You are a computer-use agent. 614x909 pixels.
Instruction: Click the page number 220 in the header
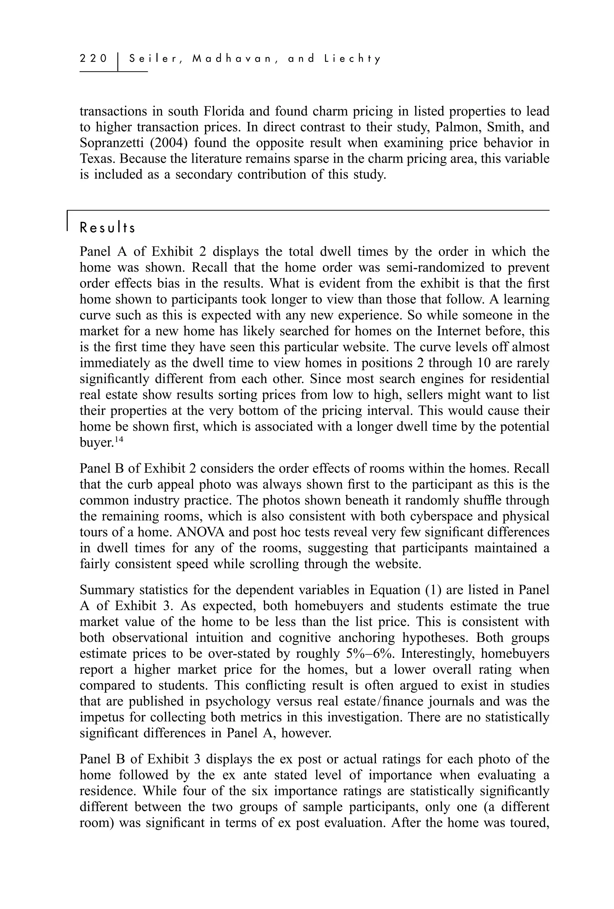pyautogui.click(x=93, y=59)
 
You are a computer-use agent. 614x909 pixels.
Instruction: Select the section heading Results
pyautogui.click(x=107, y=228)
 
